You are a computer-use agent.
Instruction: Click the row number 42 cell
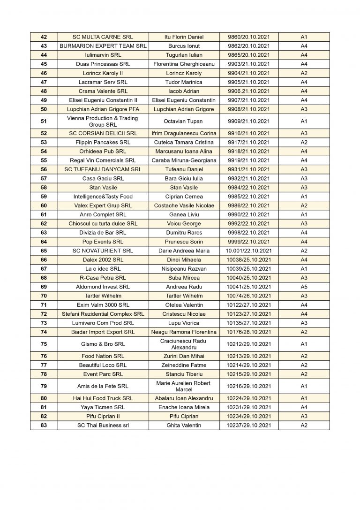pos(44,37)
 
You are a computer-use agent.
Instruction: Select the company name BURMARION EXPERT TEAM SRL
pos(103,46)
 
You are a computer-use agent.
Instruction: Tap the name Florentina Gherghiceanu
pos(184,64)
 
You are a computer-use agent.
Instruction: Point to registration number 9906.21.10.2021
pos(249,91)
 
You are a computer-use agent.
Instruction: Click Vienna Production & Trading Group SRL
pos(103,121)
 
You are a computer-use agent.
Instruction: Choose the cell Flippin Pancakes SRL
pos(103,142)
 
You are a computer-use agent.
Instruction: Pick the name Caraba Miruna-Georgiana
pos(184,160)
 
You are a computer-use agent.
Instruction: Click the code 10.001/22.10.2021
pos(249,251)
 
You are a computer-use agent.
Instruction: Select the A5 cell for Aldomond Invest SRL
pos(304,287)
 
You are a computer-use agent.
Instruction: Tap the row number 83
pos(44,425)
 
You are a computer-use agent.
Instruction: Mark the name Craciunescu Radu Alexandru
pos(184,344)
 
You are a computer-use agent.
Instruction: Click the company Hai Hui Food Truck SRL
pos(103,398)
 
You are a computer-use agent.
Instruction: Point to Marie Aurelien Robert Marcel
pos(184,386)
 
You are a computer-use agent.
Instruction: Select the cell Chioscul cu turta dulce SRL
pos(103,224)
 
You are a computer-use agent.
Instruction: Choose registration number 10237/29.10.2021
pos(249,425)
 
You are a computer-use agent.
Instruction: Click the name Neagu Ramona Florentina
pos(184,332)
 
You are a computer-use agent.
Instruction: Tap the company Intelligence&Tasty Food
pos(103,197)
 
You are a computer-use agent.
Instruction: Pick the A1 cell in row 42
pos(304,37)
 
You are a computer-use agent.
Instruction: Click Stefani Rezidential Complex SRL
pos(103,314)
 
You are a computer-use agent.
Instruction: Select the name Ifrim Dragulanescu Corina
pos(184,133)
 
